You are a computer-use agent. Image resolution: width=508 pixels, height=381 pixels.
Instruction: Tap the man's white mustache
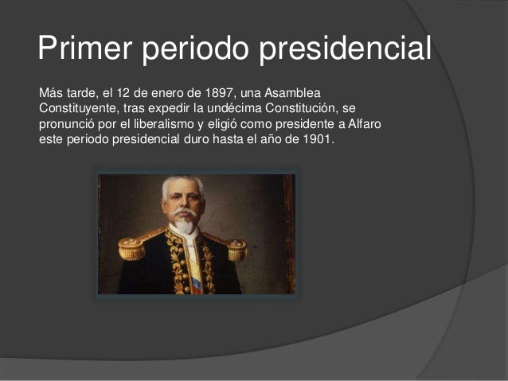tap(183, 212)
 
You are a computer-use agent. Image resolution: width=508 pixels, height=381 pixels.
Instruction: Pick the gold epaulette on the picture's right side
tap(236, 249)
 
